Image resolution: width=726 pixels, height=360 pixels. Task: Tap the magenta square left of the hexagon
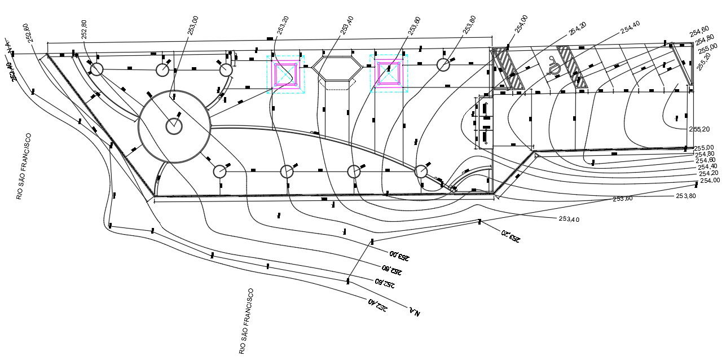point(286,73)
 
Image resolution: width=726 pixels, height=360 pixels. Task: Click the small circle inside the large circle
point(174,126)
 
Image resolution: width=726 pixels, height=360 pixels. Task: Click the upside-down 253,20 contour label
point(510,236)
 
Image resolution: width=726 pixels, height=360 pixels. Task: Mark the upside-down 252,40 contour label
point(378,305)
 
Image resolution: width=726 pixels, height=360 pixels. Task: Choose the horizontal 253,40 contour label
point(569,219)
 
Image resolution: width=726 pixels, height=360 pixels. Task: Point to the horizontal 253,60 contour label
point(622,199)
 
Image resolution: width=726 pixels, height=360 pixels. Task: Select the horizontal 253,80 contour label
point(686,196)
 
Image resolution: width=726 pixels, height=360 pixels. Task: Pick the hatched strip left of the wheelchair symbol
point(509,68)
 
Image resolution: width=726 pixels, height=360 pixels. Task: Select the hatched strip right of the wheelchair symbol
point(573,67)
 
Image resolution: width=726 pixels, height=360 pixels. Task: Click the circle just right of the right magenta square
point(443,64)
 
